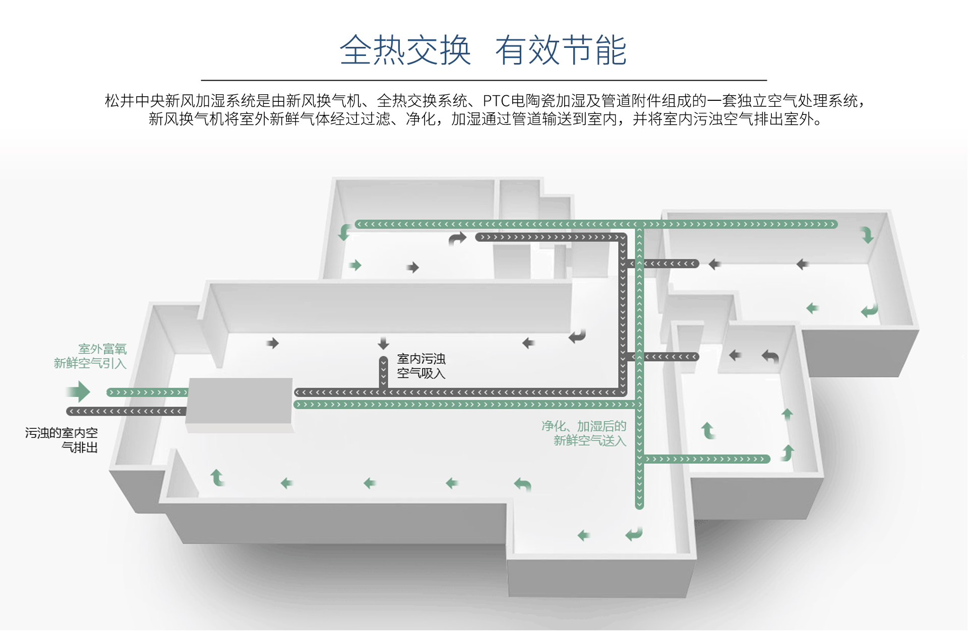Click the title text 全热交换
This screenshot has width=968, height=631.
(405, 50)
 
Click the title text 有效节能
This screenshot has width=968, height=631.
(561, 50)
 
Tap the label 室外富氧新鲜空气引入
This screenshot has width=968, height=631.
(91, 356)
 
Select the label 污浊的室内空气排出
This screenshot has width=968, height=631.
(62, 439)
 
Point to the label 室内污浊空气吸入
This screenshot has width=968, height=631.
(421, 366)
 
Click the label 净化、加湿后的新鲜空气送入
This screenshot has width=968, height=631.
(584, 433)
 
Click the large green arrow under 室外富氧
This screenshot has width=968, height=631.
(79, 392)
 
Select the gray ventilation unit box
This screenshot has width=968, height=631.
(240, 400)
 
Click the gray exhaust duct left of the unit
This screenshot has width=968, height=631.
(126, 411)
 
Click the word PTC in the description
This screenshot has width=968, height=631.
(497, 101)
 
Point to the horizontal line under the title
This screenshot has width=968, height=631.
(484, 80)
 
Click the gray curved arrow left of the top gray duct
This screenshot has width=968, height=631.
(457, 238)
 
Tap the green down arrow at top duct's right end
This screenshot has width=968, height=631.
(867, 235)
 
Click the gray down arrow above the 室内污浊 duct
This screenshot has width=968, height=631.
(383, 343)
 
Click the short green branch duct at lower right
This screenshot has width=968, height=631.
(706, 459)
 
